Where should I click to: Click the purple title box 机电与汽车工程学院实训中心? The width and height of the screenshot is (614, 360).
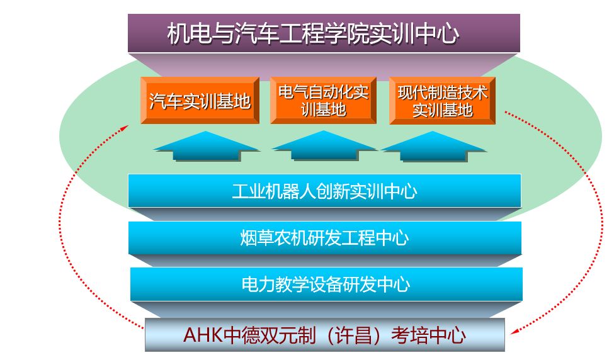click(324, 33)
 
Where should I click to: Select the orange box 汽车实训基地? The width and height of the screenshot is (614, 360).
click(200, 101)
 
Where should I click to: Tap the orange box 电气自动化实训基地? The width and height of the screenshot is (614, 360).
click(323, 101)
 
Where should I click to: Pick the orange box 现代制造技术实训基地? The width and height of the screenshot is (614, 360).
click(443, 101)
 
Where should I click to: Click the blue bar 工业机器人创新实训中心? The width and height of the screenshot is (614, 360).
click(324, 191)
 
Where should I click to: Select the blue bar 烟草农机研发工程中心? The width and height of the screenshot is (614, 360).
click(325, 238)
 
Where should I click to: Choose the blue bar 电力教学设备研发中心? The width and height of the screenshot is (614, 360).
click(326, 284)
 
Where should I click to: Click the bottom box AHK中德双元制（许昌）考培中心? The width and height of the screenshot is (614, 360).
click(324, 335)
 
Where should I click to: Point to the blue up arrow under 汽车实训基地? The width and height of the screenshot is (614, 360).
click(207, 146)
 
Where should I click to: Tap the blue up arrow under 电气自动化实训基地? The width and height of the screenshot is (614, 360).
click(324, 145)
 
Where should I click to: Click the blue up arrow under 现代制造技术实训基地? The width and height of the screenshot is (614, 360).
click(433, 147)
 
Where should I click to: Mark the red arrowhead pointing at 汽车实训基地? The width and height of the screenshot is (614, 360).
click(125, 128)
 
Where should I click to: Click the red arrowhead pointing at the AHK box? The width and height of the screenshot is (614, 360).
click(514, 332)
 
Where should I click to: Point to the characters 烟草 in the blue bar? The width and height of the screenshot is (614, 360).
click(257, 238)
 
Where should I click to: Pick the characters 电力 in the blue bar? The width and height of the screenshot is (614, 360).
click(258, 284)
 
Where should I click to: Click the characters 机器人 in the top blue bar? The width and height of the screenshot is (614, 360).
click(290, 191)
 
